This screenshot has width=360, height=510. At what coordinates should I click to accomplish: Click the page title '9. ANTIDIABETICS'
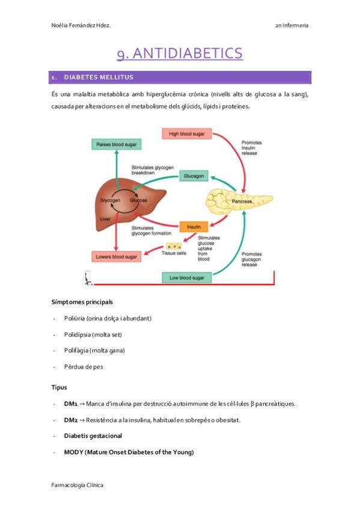point(180,54)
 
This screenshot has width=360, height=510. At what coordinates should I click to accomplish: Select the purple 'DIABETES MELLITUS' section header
point(180,78)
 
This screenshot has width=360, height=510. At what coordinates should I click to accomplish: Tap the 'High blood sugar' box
point(187,134)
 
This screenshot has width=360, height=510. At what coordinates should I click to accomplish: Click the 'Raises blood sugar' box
point(117,144)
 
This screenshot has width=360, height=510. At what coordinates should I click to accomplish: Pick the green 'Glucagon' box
point(194,176)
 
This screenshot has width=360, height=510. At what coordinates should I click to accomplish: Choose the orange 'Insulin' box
point(194,227)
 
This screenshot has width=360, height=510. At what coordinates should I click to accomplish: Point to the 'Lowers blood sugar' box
point(117,257)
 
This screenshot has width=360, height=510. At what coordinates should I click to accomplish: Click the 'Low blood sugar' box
point(187,278)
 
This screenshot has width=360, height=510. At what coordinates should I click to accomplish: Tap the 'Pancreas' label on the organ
point(242,201)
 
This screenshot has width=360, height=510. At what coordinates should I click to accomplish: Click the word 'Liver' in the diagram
point(105,219)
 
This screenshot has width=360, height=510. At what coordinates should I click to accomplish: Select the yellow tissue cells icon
point(174,246)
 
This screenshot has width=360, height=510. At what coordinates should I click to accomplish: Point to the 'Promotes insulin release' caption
point(251,148)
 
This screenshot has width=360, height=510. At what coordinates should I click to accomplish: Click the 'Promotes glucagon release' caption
point(251,259)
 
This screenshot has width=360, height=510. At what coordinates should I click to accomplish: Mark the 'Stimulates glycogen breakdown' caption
point(153,170)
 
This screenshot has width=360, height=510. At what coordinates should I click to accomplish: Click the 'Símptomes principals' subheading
point(82,302)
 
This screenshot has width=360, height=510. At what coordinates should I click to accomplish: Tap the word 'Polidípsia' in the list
point(78,334)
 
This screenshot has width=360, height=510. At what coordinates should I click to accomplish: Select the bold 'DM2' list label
point(71,420)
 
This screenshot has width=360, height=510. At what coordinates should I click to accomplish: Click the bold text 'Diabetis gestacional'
point(93,436)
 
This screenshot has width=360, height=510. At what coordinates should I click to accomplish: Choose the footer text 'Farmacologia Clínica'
point(78,485)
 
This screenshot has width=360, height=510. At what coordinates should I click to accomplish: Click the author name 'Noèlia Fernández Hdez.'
point(81,25)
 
